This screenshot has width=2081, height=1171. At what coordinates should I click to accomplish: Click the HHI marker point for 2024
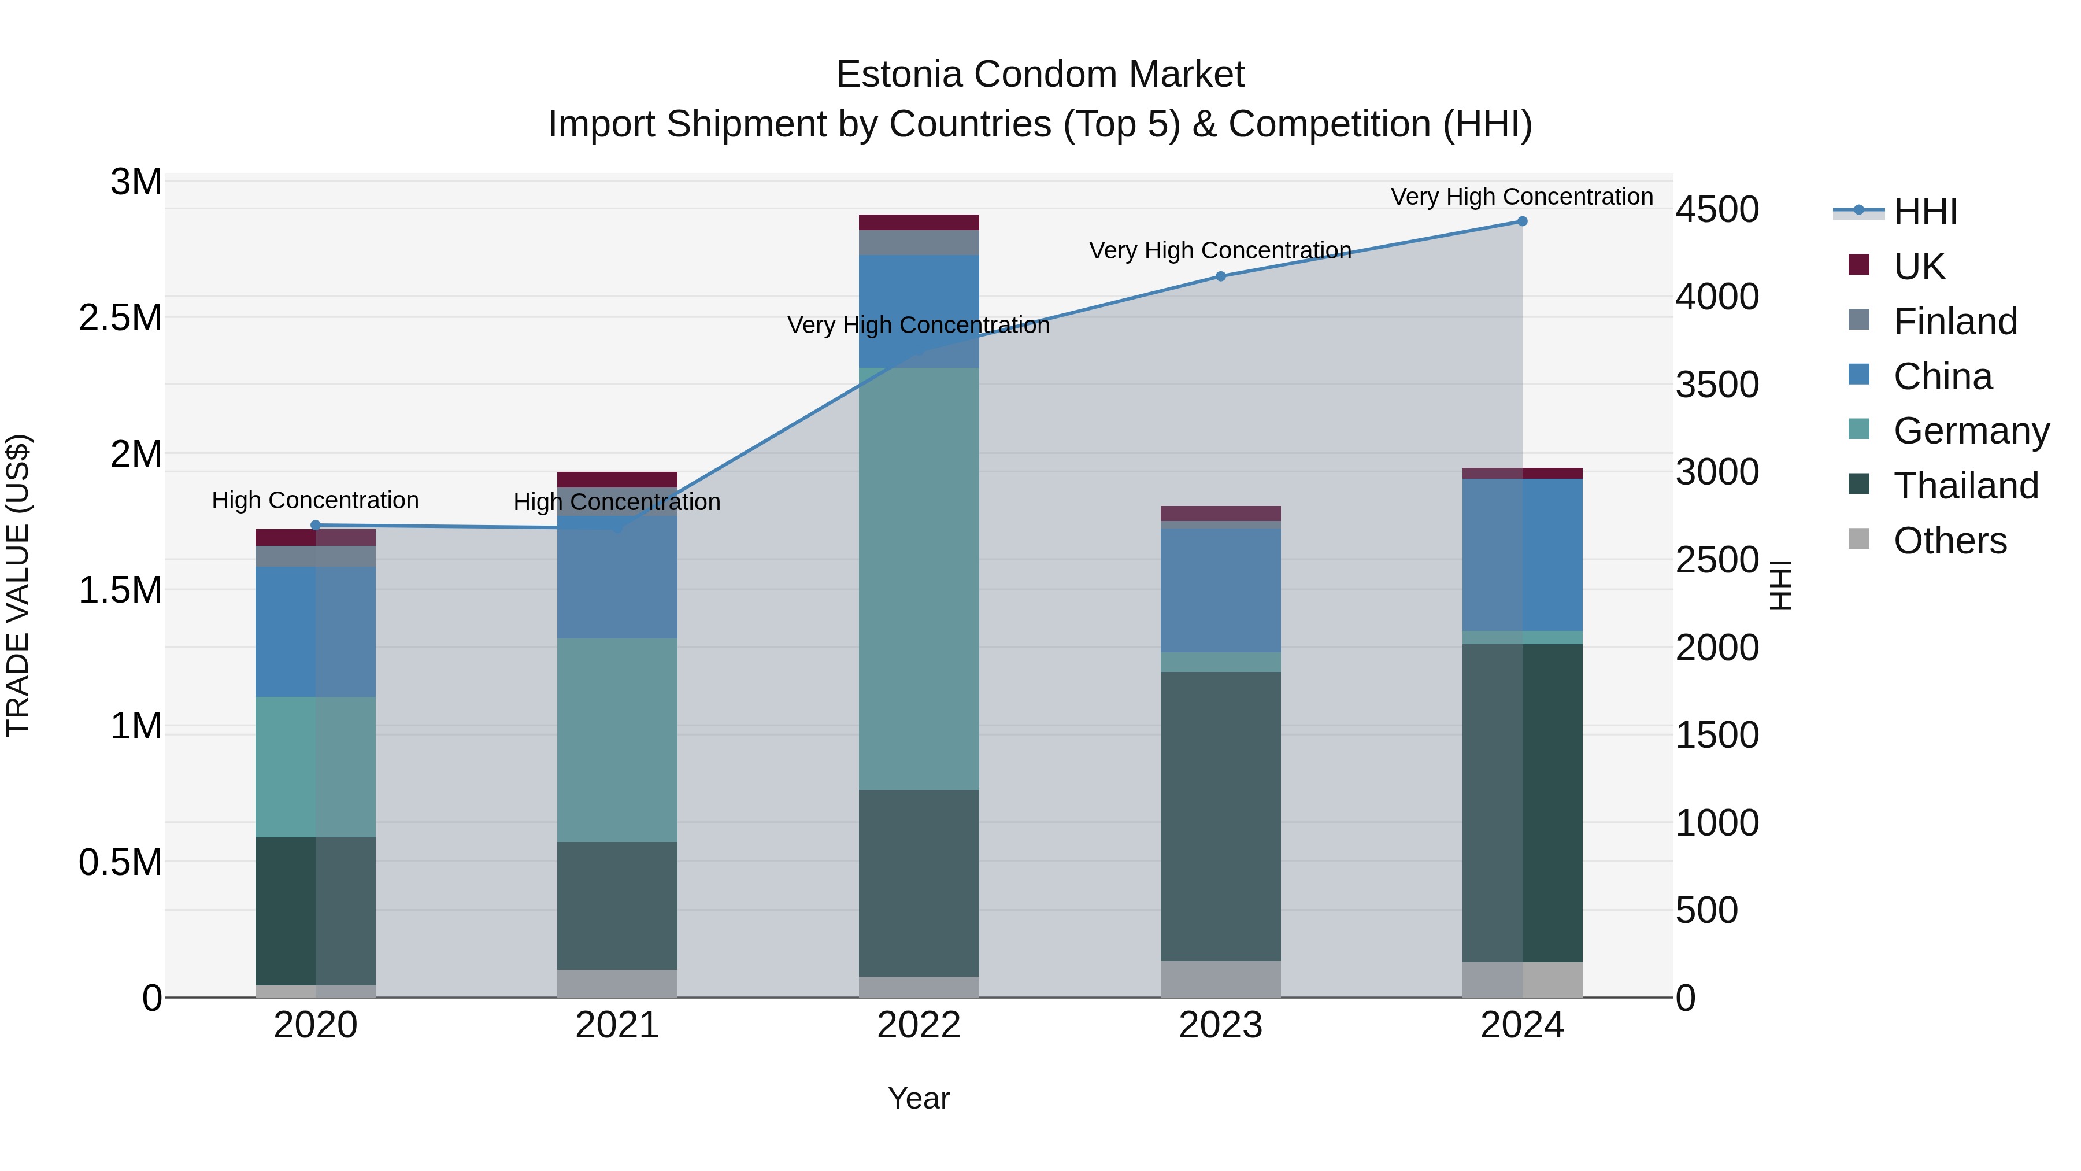tap(1522, 221)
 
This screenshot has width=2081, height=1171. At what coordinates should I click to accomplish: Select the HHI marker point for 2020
tap(316, 525)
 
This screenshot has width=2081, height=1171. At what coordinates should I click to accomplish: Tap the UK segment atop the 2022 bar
tap(919, 222)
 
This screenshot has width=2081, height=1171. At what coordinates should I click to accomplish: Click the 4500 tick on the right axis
tap(1717, 210)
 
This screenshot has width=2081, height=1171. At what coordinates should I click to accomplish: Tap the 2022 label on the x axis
tap(919, 1025)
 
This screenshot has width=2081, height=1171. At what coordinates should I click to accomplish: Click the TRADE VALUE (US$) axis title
tap(18, 585)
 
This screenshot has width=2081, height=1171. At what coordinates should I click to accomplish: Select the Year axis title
tap(919, 1098)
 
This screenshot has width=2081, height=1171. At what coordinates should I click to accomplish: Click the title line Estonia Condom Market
tap(1040, 75)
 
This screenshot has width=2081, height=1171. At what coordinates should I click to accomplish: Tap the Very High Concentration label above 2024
tap(1521, 197)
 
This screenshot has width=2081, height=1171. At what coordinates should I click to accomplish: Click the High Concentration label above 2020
tap(315, 500)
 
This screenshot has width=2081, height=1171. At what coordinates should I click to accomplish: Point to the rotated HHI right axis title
tap(1780, 585)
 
